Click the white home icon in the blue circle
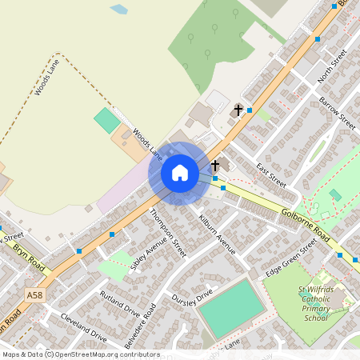180,173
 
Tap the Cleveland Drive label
83,327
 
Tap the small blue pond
119,10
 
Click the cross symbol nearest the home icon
214,166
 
